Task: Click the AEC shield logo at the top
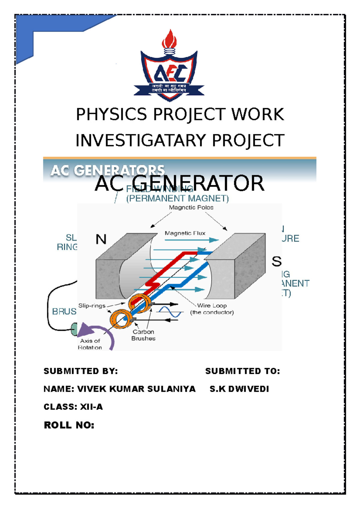click(169, 75)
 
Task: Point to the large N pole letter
click(101, 239)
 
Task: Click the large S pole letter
click(276, 262)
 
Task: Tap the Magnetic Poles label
click(191, 207)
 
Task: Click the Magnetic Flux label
click(185, 233)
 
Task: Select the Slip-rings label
click(92, 306)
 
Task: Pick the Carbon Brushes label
click(143, 335)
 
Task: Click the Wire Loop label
click(212, 306)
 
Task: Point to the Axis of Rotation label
click(90, 344)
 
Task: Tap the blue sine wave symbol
click(170, 312)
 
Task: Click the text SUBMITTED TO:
click(242, 371)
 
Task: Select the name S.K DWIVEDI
click(239, 389)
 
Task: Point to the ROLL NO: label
click(69, 425)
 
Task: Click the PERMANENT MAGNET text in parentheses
click(178, 198)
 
